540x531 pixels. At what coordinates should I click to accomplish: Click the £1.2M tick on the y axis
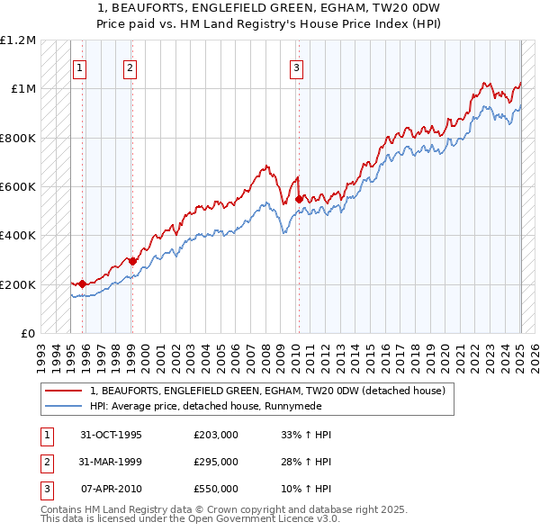pyautogui.click(x=18, y=40)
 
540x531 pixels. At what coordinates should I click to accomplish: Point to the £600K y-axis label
pyautogui.click(x=18, y=187)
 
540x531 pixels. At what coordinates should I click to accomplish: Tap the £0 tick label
pyautogui.click(x=28, y=334)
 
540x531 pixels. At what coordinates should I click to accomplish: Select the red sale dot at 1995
pyautogui.click(x=82, y=284)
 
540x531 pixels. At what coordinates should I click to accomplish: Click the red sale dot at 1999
pyautogui.click(x=132, y=262)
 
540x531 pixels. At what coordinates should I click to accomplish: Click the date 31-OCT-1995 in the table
pyautogui.click(x=111, y=435)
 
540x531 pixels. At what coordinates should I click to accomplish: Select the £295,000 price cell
pyautogui.click(x=216, y=462)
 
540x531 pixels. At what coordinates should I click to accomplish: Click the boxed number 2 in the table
pyautogui.click(x=44, y=462)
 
